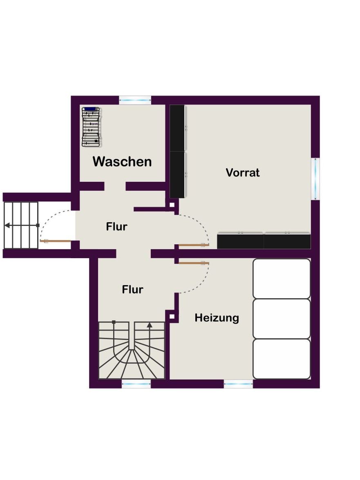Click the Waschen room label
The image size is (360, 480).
pos(122,162)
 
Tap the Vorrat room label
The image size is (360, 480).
pos(243,173)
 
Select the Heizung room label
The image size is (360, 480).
pos(217,318)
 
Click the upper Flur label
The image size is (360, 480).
pos(116,227)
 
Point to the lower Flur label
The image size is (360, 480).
pos(132,289)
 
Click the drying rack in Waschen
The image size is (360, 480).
pos(91,126)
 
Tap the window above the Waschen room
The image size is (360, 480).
pos(135,100)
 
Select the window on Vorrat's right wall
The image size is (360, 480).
pos(315,179)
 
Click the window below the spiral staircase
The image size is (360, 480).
pos(136,384)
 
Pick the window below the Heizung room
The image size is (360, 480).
pos(239,384)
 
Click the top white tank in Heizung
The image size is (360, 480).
pos(282,279)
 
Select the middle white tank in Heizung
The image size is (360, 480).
pos(282,319)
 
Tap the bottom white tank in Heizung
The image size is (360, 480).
pos(282,359)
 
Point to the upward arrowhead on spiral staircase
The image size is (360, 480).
pos(150,326)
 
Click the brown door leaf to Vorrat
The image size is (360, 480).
pos(194,245)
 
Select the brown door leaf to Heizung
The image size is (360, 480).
pos(194,263)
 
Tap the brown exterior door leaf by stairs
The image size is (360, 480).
pos(56,241)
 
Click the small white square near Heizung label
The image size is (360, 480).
pos(172,317)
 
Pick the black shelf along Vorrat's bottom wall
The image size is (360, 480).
pos(264,241)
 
